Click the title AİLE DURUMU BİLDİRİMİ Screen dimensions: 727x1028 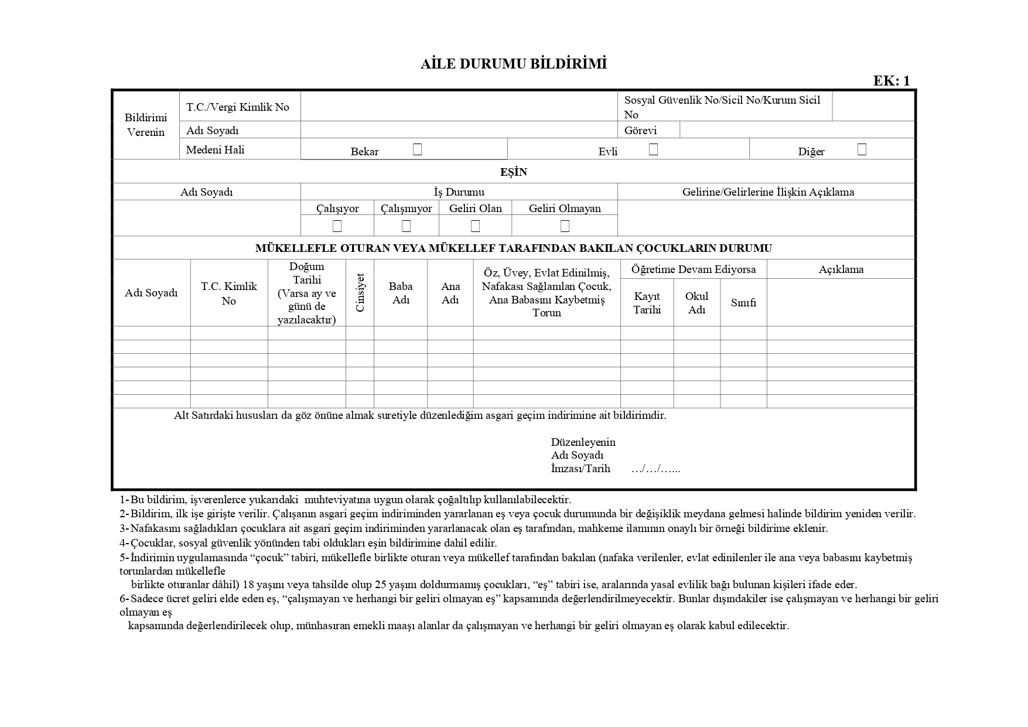[x=513, y=64]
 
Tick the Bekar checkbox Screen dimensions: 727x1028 [x=417, y=149]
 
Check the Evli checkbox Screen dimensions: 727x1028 [x=653, y=149]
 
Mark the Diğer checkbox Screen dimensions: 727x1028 [x=862, y=149]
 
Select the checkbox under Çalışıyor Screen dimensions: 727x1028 [x=337, y=226]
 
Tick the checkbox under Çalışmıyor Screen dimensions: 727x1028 [x=406, y=226]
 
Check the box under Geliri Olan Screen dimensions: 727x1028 [x=475, y=226]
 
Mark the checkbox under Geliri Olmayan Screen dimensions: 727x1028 [x=565, y=226]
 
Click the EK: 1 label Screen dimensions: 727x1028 [x=892, y=81]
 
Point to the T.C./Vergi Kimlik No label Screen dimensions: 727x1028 [x=238, y=107]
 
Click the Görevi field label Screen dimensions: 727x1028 [x=640, y=131]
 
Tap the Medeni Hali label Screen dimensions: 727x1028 [x=215, y=150]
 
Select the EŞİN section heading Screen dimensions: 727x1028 [x=514, y=172]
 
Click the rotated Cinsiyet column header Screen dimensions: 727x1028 [x=360, y=292]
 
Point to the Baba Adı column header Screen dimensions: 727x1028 [x=401, y=293]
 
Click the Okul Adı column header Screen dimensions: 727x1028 [x=696, y=303]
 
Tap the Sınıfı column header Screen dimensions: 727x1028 [x=743, y=303]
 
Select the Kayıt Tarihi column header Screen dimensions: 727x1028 [x=647, y=303]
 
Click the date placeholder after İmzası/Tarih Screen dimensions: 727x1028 [x=655, y=469]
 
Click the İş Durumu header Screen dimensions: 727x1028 [x=459, y=192]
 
